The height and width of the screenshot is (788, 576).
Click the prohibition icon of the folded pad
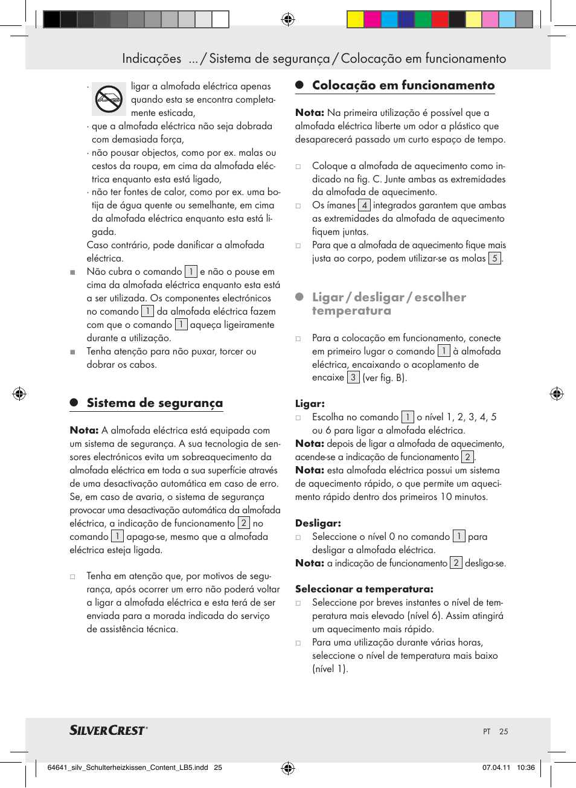coord(109,98)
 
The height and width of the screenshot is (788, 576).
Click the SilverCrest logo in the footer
coord(109,730)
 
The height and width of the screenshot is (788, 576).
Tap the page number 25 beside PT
coord(504,731)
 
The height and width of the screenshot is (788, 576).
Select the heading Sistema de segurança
coord(155,403)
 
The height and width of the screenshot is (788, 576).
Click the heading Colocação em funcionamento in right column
coord(403,85)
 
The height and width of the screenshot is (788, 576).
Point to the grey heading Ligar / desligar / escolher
coord(389,297)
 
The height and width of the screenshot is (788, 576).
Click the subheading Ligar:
coord(310,403)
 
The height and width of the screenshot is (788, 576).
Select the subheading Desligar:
coord(318,523)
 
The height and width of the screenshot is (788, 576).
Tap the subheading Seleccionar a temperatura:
coord(364,589)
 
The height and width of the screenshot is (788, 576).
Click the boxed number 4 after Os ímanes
coord(364,205)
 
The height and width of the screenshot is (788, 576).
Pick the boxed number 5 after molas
coord(494,258)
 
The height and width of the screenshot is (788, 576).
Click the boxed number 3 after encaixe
coord(353,377)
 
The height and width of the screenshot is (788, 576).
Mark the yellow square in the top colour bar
coord(355,19)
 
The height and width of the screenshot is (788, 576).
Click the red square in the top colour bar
coord(440,19)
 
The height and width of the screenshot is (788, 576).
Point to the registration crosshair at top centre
coord(288,19)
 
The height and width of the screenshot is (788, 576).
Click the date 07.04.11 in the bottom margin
coord(496,767)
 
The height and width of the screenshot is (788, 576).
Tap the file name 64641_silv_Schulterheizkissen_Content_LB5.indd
coord(127,767)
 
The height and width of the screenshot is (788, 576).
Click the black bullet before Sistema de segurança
coord(74,403)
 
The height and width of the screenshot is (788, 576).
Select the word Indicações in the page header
coord(152,59)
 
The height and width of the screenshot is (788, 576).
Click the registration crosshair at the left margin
coord(19,394)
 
